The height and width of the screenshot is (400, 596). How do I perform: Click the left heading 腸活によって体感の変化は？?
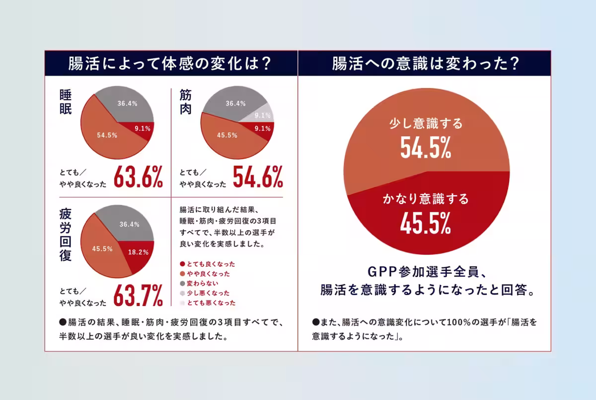[x=171, y=63]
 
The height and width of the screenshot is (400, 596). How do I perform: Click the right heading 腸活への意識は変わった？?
[x=425, y=63]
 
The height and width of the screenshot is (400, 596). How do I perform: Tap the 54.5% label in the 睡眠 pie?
[x=107, y=135]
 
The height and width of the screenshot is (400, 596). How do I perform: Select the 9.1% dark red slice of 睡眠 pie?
[x=142, y=128]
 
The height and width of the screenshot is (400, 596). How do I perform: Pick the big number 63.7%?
[x=138, y=296]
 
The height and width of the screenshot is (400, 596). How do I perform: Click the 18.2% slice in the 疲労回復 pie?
[x=139, y=252]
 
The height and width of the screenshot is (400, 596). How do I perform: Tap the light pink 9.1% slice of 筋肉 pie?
[x=262, y=115]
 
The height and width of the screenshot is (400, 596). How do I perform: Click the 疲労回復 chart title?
[x=65, y=235]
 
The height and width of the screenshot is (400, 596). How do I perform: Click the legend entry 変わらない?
[x=201, y=283]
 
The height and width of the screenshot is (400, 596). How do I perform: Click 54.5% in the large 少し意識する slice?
[x=426, y=147]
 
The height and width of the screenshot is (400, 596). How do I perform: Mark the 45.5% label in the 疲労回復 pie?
[x=102, y=249]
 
